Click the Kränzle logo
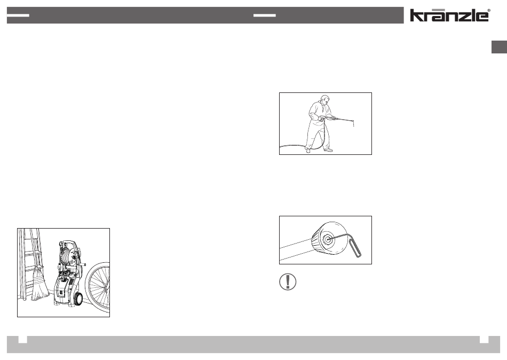[450, 15]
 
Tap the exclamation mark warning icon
[288, 281]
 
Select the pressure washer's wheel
[77, 295]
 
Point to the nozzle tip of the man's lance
[353, 120]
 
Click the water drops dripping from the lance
[353, 124]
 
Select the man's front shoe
[328, 150]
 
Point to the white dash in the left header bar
[18, 15]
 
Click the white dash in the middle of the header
[265, 15]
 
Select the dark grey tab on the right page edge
[499, 47]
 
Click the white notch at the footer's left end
[22, 339]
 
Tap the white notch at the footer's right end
[484, 339]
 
